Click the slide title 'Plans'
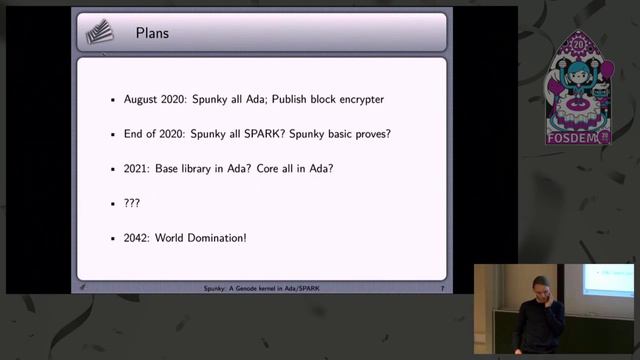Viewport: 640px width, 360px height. pyautogui.click(x=153, y=34)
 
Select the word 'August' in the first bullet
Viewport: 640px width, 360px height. pyautogui.click(x=141, y=100)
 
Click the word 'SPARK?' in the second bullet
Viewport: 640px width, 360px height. pyautogui.click(x=260, y=134)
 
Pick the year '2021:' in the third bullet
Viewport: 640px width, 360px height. pyautogui.click(x=137, y=168)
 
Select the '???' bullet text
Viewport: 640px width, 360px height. pyautogui.click(x=132, y=203)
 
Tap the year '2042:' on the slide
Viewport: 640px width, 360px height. pyautogui.click(x=137, y=238)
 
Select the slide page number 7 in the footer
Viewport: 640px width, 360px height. pyautogui.click(x=442, y=288)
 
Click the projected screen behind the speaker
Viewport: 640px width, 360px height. pyautogui.click(x=608, y=280)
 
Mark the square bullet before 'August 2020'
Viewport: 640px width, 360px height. pyautogui.click(x=113, y=101)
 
